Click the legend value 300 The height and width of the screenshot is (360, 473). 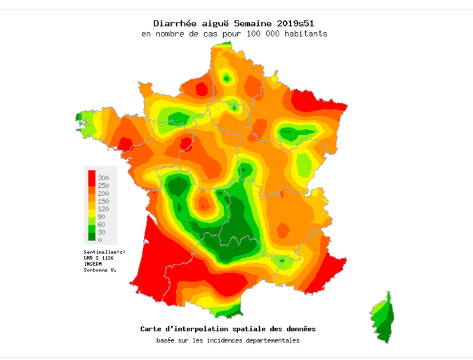click(103, 178)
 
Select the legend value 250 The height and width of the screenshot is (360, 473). click(103, 185)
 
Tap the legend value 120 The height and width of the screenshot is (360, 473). click(103, 208)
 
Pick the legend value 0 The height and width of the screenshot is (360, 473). click(100, 240)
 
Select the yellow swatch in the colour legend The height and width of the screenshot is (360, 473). click(91, 208)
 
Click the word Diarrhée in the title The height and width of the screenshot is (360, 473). click(173, 23)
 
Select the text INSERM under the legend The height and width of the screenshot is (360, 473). click(93, 264)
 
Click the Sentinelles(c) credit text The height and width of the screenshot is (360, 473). click(104, 251)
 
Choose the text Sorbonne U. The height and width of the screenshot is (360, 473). click(100, 270)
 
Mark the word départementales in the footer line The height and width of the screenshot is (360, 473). click(265, 340)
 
